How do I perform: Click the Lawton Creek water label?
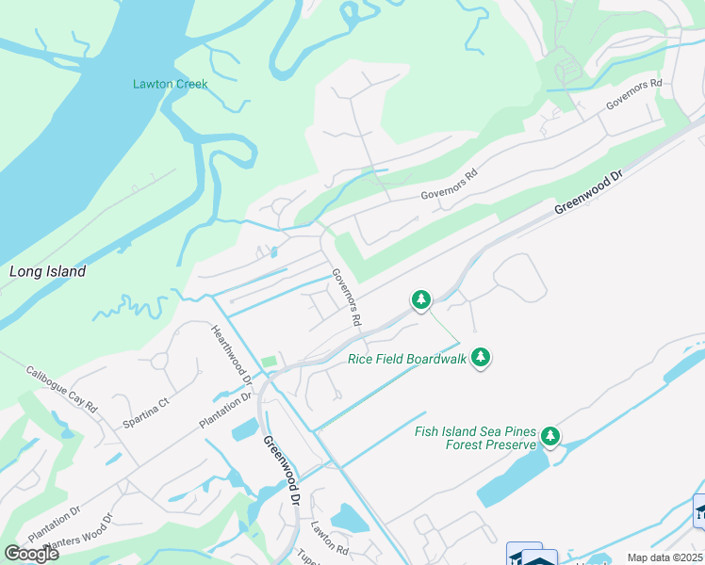(170, 84)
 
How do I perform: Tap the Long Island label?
(47, 271)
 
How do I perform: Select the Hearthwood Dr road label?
(232, 353)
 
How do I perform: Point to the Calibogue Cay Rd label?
(61, 390)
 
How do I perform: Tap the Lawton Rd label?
(330, 538)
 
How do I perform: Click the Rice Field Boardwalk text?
(407, 358)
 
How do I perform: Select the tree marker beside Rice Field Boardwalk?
(481, 357)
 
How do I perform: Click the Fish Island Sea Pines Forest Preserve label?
(475, 438)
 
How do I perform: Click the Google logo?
(31, 554)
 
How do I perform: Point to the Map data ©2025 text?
(664, 557)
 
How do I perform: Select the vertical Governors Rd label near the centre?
(346, 298)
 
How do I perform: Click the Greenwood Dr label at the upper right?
(589, 193)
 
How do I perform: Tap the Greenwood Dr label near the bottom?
(281, 471)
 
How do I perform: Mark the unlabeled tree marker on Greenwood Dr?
(421, 300)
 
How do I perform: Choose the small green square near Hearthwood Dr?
(270, 361)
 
